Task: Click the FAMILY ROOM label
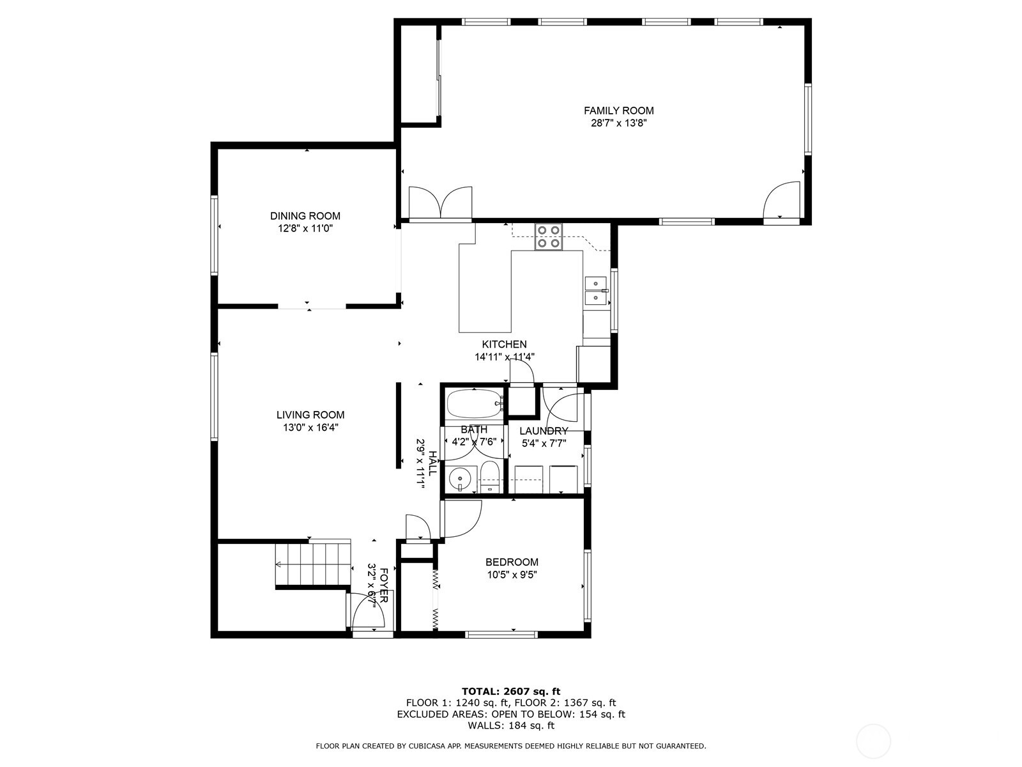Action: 618,111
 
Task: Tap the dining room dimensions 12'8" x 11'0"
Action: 305,228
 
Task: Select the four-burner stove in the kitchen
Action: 549,236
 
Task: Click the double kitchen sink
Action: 595,290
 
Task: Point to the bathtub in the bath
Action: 474,404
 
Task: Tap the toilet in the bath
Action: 489,477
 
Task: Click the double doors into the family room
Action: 440,203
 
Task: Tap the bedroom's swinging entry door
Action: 461,518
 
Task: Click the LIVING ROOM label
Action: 310,415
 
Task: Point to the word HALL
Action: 433,463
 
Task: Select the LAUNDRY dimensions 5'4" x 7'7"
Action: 544,442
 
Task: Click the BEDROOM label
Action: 512,562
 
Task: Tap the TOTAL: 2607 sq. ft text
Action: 510,691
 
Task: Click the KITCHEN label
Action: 504,345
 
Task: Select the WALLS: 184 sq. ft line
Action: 510,725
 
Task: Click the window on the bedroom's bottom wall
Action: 501,634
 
